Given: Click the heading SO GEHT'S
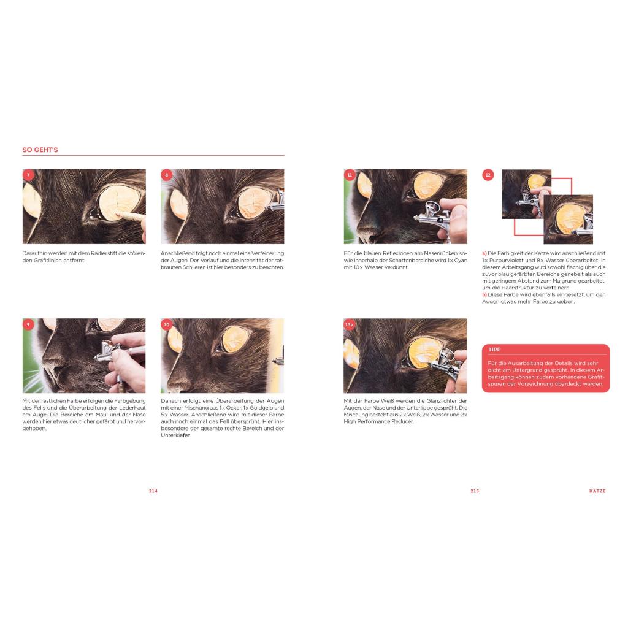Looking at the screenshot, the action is point(40,150).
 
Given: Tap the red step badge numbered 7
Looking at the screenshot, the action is point(28,175).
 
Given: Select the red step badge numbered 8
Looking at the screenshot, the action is point(167,175).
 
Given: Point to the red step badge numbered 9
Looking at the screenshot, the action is point(28,324).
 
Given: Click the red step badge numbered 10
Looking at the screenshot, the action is point(167,324).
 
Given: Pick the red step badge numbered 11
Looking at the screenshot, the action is point(350,175).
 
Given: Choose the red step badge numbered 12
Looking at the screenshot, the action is point(488,175).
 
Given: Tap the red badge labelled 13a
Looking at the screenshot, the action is point(350,324).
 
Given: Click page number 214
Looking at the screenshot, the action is point(153,491).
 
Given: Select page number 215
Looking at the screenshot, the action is point(475,491).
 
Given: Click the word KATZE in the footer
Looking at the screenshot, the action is point(597,491).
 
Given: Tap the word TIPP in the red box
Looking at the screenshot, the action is point(494,350).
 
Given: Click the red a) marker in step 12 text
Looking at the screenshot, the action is point(484,253).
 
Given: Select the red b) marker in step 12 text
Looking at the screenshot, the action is point(484,295).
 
